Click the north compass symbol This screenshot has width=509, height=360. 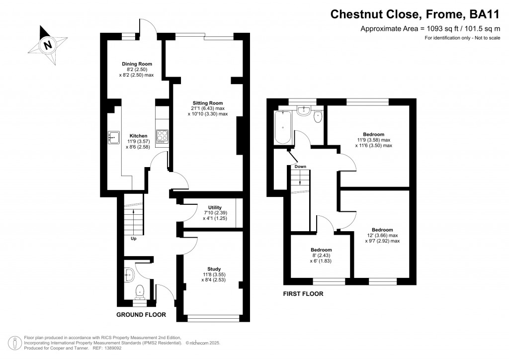pos(47,45)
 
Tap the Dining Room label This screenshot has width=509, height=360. pos(137,64)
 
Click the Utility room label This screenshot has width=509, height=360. pos(215,207)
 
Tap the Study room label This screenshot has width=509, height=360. pos(214,269)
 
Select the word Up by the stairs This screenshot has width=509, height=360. pos(133,239)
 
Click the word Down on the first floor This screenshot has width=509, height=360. pos(300,167)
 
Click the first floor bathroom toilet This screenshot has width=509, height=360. pos(318,116)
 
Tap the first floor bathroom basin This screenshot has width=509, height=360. pos(304,111)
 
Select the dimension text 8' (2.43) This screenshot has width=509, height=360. pos(321,256)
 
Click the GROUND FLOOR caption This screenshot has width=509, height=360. pos(141,315)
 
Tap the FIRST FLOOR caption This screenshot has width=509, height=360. pos(303,294)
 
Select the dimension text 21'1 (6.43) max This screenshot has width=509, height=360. pos(207,108)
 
